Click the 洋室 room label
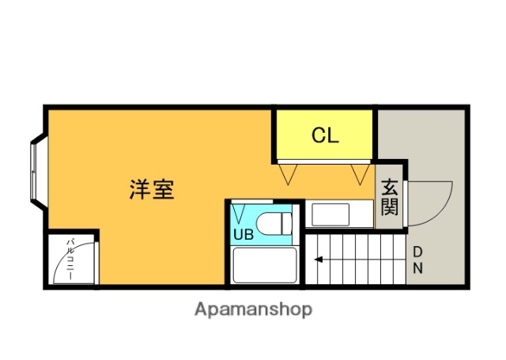[x=152, y=190]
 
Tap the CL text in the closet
[x=324, y=135]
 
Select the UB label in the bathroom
[x=244, y=234]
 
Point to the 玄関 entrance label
[x=390, y=198]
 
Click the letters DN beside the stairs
[x=417, y=260]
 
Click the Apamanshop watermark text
[x=254, y=309]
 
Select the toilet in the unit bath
[x=274, y=223]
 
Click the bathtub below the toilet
[x=264, y=265]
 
